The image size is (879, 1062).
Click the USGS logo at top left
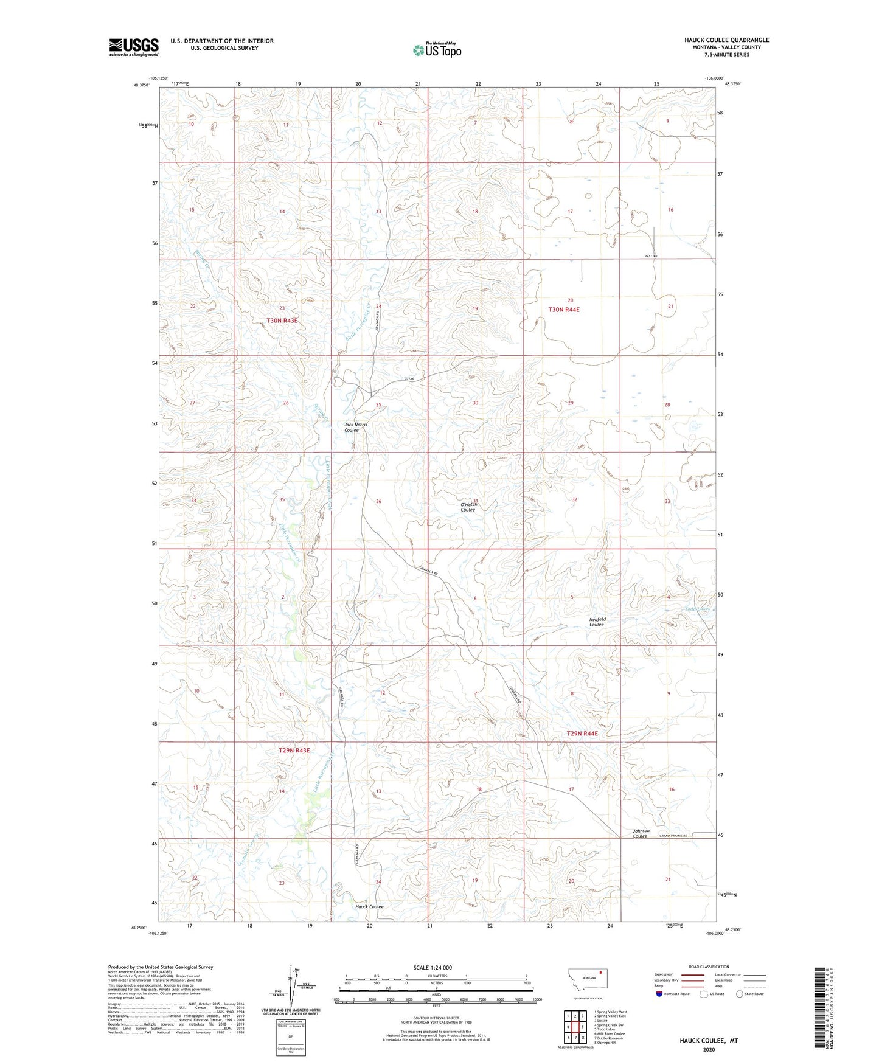133,47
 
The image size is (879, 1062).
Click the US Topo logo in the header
437,50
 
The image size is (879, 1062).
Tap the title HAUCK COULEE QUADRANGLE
726,40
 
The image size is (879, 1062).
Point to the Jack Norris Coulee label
355,427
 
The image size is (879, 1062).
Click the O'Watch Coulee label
468,507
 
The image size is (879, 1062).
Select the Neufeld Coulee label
597,622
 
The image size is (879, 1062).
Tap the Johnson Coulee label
641,833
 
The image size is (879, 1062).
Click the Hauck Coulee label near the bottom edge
369,906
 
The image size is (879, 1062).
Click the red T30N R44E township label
564,310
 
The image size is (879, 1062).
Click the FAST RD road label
651,256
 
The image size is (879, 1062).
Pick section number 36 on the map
378,501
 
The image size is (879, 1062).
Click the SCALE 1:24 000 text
433,967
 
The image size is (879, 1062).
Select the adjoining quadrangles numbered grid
575,1028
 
